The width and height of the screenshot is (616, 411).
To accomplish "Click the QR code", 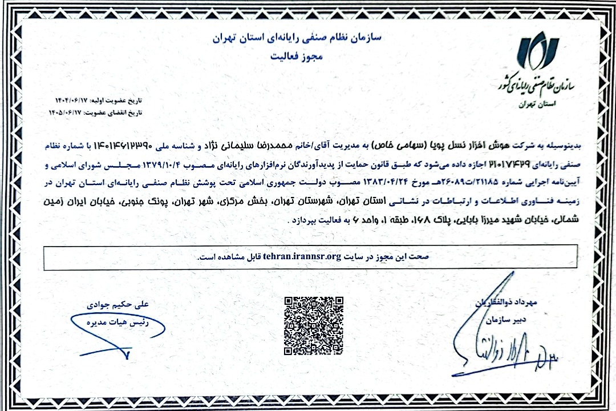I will point(314,325).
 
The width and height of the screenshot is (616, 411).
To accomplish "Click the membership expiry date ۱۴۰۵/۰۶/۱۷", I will point(69,112).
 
